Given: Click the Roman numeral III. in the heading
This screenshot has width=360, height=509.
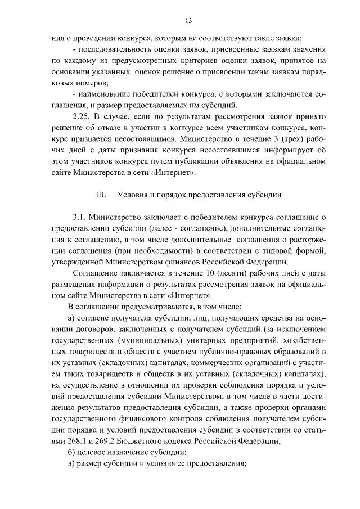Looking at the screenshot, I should pos(101,195).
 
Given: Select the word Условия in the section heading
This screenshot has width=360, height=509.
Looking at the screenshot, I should pos(133,195).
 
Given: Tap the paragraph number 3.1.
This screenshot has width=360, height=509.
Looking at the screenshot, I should pos(79,217).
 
